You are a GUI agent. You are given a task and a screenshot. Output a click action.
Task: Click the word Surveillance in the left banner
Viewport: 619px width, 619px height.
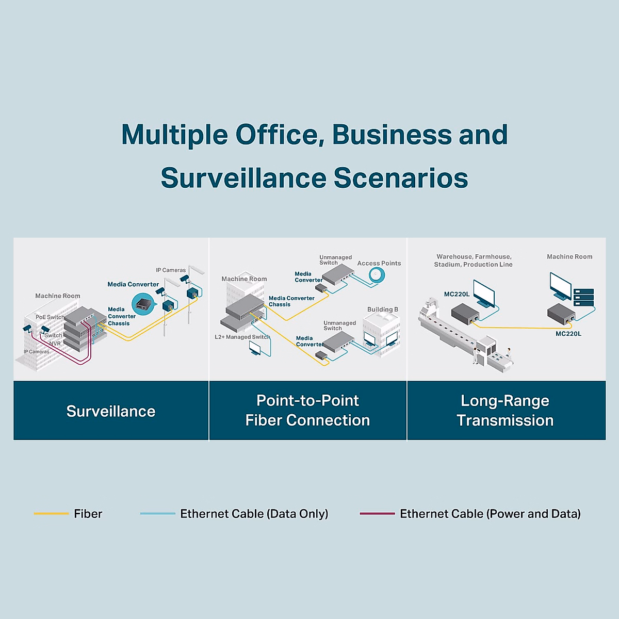[x=111, y=411]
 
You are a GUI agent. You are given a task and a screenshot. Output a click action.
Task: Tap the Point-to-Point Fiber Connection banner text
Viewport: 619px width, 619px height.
[x=307, y=411]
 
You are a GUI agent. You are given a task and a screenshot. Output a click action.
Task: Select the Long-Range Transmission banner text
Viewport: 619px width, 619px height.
[x=505, y=411]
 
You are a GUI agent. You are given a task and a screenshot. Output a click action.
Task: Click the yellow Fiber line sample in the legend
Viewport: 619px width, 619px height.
[x=51, y=514]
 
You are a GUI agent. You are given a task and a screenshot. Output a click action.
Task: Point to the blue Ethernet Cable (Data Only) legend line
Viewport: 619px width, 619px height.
[x=157, y=514]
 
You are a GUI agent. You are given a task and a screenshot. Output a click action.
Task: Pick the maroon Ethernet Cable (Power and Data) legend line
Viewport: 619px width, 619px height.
[x=377, y=514]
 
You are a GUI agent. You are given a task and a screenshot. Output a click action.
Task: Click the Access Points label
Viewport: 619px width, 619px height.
[x=379, y=263]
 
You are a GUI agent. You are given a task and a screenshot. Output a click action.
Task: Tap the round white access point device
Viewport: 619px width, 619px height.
[x=377, y=275]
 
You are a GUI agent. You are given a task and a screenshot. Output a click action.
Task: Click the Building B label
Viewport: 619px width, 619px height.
[x=382, y=309]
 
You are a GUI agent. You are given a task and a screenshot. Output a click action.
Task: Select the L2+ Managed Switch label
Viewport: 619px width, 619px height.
[x=242, y=337]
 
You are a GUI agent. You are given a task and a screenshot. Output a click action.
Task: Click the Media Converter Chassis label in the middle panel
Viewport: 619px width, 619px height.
[x=291, y=301]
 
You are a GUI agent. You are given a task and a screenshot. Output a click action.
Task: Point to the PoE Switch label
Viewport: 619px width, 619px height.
[x=50, y=317]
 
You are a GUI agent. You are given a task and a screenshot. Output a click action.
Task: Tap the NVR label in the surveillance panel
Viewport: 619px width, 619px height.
[x=55, y=344]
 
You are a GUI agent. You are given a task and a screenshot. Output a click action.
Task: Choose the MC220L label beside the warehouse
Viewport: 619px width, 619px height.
[x=457, y=294]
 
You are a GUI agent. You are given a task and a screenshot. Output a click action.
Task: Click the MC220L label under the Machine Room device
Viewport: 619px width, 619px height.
[x=568, y=334]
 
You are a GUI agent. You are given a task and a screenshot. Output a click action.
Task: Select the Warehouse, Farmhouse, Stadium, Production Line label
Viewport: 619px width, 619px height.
[x=474, y=260]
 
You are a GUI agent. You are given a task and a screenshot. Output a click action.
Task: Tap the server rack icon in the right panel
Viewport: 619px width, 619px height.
[x=584, y=298]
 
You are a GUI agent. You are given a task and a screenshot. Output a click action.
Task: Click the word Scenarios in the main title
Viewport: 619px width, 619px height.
[x=401, y=178]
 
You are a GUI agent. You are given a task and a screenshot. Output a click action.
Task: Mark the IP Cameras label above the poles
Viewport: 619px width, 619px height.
[x=171, y=270]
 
